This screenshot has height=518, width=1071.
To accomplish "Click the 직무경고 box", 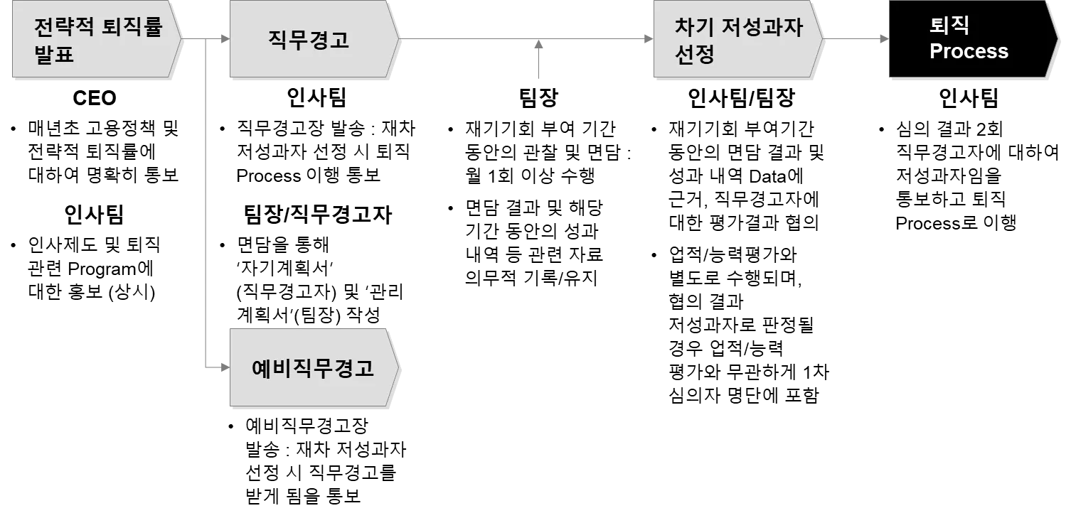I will click(309, 39).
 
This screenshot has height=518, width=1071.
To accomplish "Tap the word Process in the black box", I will click(969, 52).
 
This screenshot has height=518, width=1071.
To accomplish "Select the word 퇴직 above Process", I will click(949, 26).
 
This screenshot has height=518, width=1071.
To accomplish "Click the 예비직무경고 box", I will click(312, 368).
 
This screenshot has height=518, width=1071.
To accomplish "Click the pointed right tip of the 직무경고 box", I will click(398, 37).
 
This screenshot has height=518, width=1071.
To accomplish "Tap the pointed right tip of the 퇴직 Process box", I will click(1056, 38).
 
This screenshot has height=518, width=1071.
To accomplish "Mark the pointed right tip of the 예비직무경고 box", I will click(398, 369).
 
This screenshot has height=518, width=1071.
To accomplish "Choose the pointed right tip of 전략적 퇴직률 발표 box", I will click(181, 37).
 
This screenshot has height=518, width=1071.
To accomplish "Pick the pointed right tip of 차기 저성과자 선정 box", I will click(821, 37).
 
